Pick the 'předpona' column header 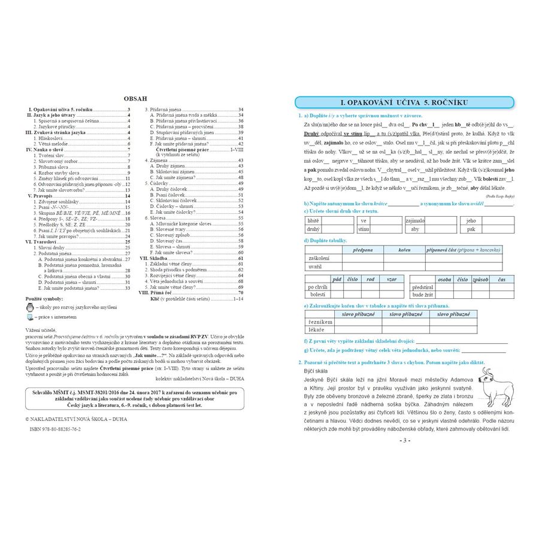(x=362, y=249)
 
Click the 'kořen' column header (x=404, y=249)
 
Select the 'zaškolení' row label (x=318, y=258)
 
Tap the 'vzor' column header (x=391, y=279)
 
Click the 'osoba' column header (x=444, y=279)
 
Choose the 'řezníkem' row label (x=318, y=322)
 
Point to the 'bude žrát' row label (x=422, y=295)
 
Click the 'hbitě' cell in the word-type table (x=313, y=220)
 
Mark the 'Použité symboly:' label (x=44, y=298)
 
